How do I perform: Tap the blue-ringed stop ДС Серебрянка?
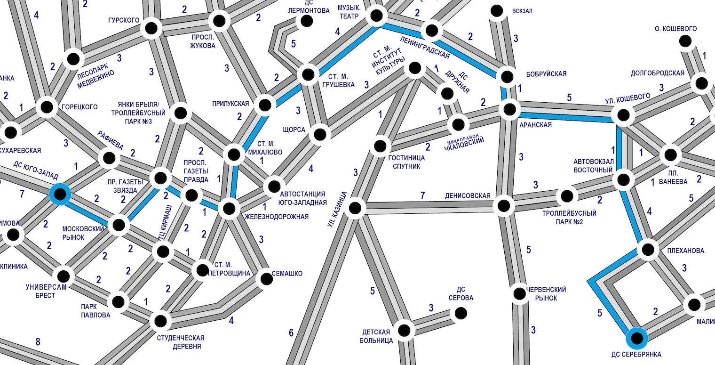point(636,338)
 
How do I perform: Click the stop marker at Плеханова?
point(648,249)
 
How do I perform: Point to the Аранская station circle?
point(510,110)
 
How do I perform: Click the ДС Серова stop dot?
point(461,313)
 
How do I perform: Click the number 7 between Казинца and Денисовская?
point(423,195)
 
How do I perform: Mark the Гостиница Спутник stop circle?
point(380,146)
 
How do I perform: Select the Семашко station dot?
point(266,278)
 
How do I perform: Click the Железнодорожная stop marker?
point(229,208)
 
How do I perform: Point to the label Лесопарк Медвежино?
point(96,75)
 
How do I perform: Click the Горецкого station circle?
point(47,107)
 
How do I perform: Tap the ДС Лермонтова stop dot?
point(307,21)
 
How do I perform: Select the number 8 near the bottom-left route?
point(38,342)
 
